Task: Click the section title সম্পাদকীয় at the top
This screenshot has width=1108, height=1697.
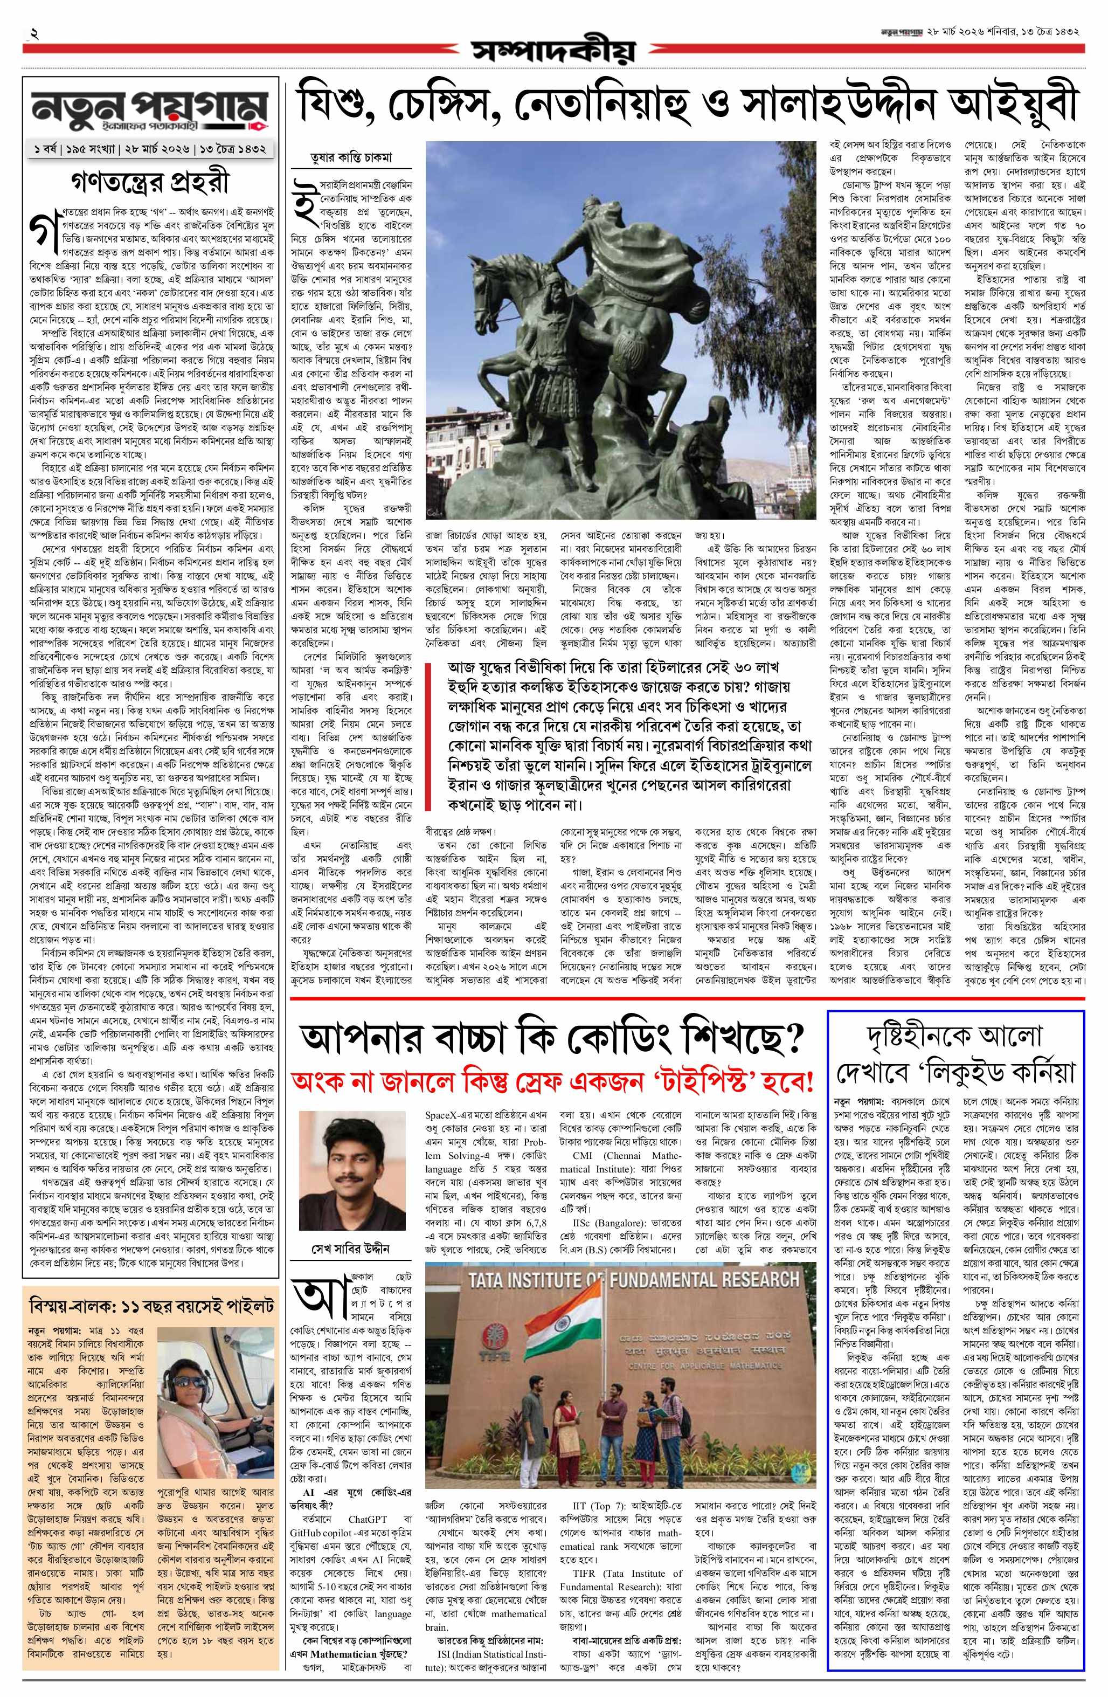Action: tap(552, 51)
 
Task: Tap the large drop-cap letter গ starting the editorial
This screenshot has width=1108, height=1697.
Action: tap(38, 230)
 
